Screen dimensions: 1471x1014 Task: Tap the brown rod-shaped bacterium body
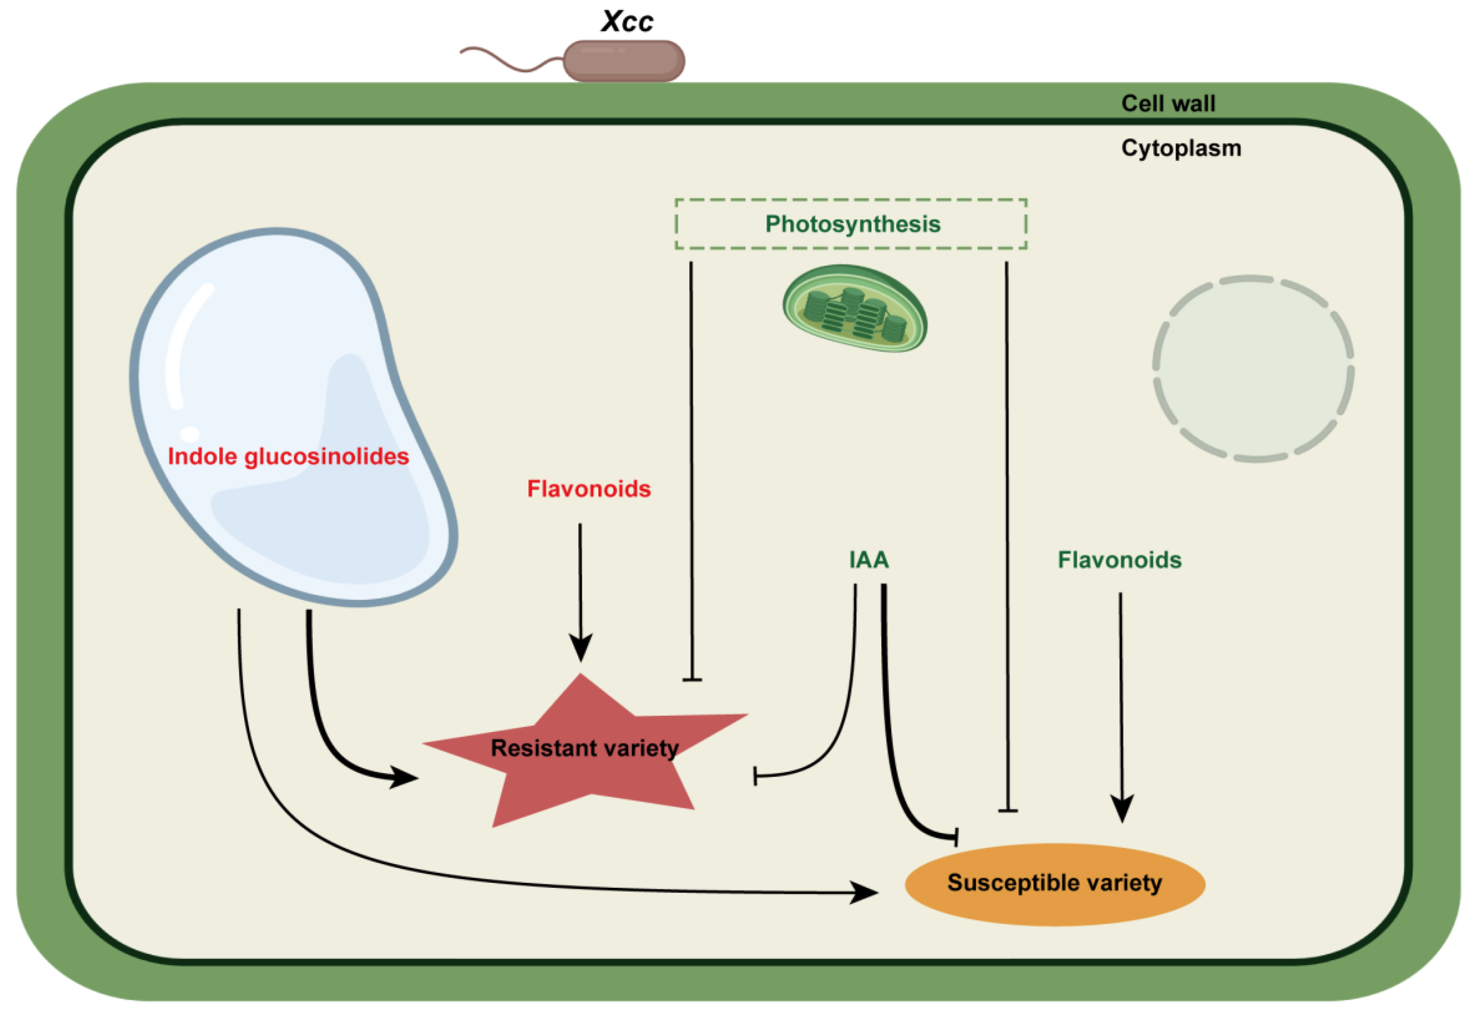(623, 61)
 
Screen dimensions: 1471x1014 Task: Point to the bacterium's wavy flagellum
(512, 59)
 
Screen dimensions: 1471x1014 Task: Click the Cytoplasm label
(1181, 148)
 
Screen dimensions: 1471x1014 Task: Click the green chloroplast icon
(855, 308)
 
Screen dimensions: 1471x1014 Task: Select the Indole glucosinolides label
(288, 456)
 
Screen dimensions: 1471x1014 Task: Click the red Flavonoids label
(589, 489)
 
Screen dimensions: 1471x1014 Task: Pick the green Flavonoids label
(1119, 560)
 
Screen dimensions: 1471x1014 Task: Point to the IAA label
(869, 560)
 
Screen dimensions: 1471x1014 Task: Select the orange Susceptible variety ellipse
(1055, 884)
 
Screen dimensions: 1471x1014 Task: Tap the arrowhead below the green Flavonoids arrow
(1122, 809)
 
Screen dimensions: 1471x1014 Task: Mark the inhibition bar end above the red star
(692, 680)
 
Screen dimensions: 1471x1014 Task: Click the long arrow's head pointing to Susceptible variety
(864, 893)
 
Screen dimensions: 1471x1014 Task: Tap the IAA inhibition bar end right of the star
(755, 776)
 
